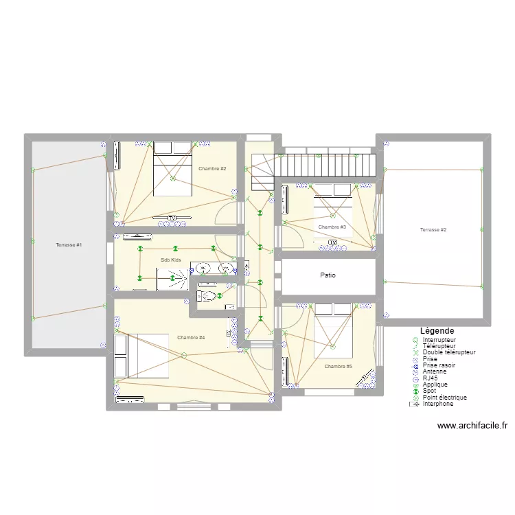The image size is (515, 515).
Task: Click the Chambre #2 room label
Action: pos(212,168)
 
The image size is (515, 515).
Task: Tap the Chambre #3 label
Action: pos(332,227)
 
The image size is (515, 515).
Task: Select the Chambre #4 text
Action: pos(191,337)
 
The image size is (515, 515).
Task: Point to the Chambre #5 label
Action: pos(339,366)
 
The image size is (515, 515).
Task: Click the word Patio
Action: pos(328,275)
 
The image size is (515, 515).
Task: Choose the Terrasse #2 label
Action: pos(433,230)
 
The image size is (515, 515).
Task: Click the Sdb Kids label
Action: pos(171,260)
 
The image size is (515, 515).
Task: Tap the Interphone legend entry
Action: pos(438,404)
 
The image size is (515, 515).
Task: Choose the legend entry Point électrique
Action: pos(445,397)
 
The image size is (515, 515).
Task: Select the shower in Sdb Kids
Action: pos(172,279)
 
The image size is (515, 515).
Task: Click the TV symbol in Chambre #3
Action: pos(332,242)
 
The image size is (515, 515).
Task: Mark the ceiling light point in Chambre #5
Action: pos(332,345)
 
